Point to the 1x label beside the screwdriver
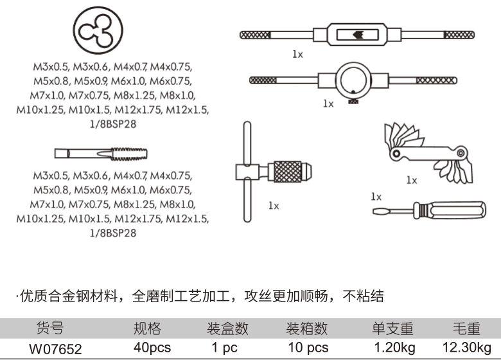click(376, 197)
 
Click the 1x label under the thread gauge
click(412, 181)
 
